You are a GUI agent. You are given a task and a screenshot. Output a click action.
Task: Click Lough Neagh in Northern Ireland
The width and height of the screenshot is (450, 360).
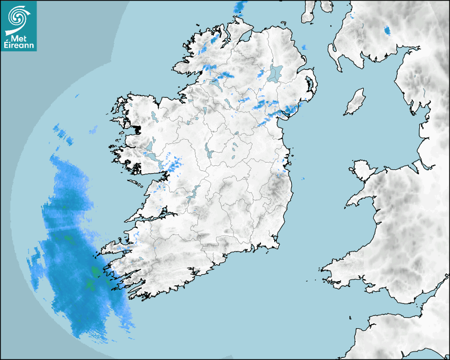pos(275,73)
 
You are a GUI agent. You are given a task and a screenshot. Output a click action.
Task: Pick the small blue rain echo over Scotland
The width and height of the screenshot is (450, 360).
pos(387,30)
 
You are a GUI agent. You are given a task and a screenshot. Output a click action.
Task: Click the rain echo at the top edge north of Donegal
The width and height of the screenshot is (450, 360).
pos(240,7)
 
